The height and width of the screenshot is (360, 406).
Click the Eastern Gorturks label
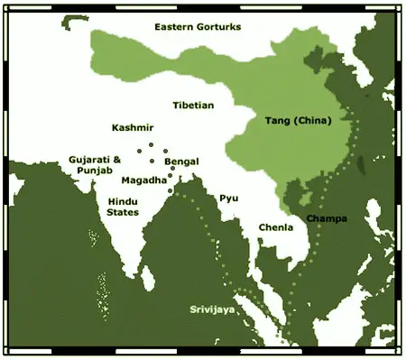coord(198,27)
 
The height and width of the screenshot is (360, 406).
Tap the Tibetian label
coord(193,106)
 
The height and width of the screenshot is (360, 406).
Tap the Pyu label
coord(228,198)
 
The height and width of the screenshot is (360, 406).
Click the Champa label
coord(326,218)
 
